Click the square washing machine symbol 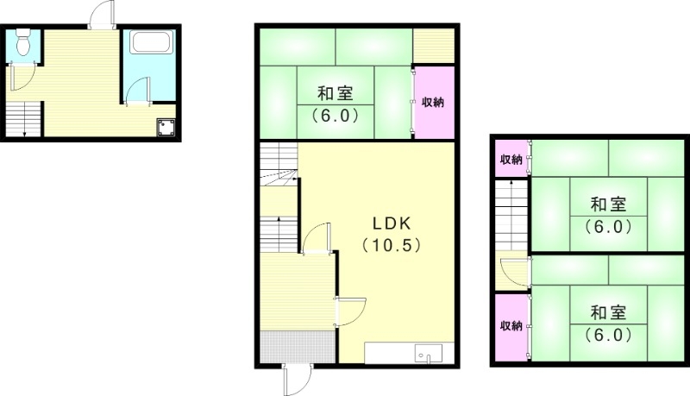click(166, 128)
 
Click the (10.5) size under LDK click(392, 245)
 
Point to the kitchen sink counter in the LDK click(403, 354)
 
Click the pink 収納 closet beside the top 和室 click(432, 102)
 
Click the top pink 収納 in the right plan click(511, 160)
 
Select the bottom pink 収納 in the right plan click(511, 326)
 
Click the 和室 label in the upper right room click(608, 205)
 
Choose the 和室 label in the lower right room click(608, 312)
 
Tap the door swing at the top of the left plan click(101, 16)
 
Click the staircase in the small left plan click(23, 117)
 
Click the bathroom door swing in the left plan click(138, 91)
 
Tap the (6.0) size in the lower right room click(608, 334)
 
